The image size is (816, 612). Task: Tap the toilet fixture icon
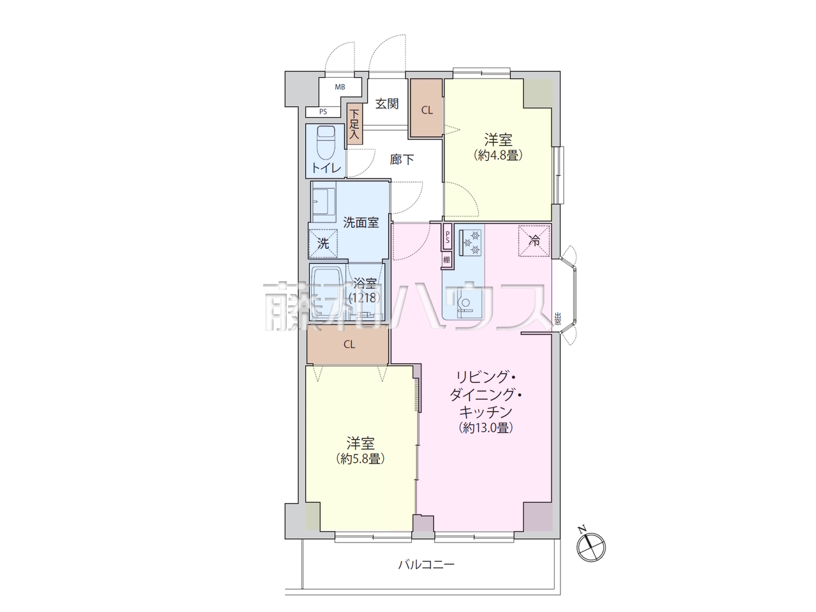click(326, 143)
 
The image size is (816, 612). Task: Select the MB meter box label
click(340, 87)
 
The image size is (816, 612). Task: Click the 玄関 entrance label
click(387, 104)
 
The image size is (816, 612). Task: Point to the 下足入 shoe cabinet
click(354, 124)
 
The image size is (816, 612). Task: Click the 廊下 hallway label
click(402, 159)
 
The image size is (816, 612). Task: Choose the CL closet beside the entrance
click(426, 108)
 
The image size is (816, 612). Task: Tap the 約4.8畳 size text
click(498, 155)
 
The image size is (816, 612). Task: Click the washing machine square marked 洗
click(323, 244)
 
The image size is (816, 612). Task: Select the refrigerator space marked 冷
click(534, 241)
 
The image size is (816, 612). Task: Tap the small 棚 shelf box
click(446, 260)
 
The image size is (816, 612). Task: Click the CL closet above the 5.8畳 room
click(348, 344)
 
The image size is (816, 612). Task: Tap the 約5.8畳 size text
click(361, 459)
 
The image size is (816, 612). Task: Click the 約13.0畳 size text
click(486, 428)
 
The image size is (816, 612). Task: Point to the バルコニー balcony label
click(426, 565)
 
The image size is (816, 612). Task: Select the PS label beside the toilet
click(323, 112)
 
